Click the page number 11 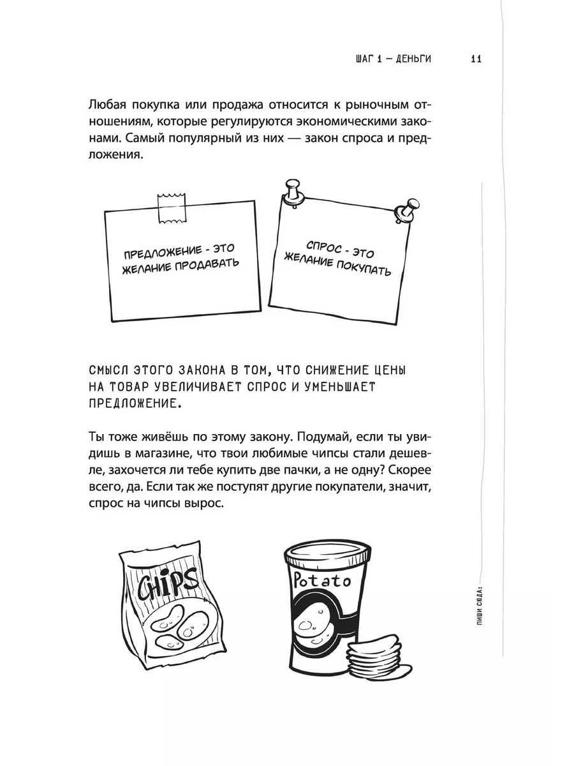tap(476, 59)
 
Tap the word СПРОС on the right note tap(324, 247)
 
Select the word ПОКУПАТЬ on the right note tap(363, 267)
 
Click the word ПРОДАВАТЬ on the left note tap(206, 264)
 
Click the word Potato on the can tap(321, 580)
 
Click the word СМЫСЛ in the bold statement tap(108, 370)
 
